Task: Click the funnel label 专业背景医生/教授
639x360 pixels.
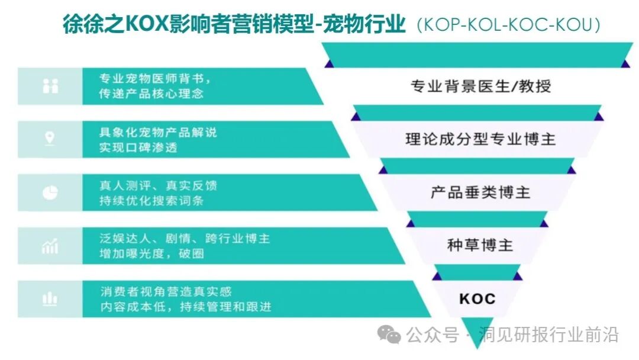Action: (480, 86)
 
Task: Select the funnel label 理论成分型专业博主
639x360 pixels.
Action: (480, 139)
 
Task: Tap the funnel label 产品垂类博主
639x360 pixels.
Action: (480, 192)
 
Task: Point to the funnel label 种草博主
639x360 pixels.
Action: (480, 245)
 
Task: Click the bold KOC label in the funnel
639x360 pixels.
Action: (477, 298)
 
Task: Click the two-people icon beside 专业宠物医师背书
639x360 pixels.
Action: (50, 86)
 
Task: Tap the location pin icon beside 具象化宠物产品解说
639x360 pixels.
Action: (50, 139)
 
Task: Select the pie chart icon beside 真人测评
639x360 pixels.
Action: (50, 192)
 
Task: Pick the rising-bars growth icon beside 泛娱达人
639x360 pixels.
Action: (50, 246)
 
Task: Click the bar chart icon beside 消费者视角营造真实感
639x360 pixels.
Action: (50, 299)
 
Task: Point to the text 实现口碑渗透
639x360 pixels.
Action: (138, 147)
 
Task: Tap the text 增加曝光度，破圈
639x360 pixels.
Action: (156, 254)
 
